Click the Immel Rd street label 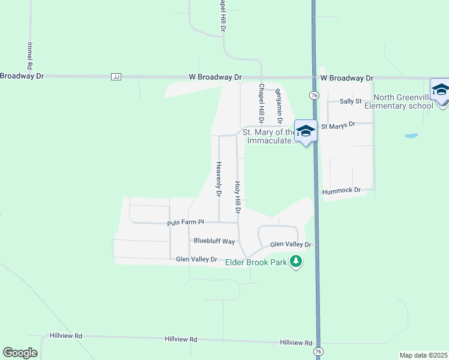tap(29, 55)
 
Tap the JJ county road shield tap(116, 77)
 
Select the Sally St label tap(349, 101)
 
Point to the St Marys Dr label tap(338, 126)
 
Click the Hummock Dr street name tap(341, 190)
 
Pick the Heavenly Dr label tap(219, 179)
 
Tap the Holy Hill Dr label tap(238, 198)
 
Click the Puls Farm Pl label tap(185, 223)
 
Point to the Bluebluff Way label tap(214, 241)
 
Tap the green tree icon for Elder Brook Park tap(295, 262)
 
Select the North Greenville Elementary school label tap(403, 102)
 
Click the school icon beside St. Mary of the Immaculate tap(306, 131)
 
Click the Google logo tap(20, 353)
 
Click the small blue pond tap(411, 136)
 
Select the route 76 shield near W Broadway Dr tap(314, 95)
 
